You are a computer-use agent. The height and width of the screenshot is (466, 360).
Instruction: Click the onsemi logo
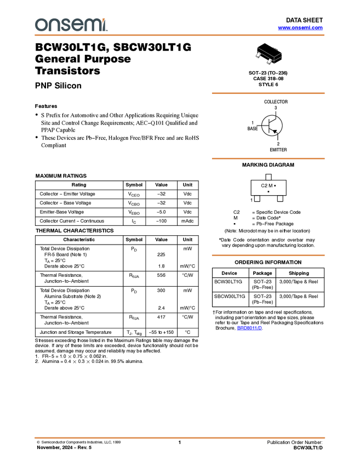coord(71,25)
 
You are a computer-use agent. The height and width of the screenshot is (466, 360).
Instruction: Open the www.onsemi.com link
coord(300,27)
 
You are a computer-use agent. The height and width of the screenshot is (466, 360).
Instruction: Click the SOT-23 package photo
coord(269,54)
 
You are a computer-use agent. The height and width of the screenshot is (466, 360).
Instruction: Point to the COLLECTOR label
coord(276,101)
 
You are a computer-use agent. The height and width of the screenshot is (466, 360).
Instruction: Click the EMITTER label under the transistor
coord(278,150)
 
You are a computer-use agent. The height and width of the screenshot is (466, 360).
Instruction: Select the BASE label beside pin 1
coord(253,129)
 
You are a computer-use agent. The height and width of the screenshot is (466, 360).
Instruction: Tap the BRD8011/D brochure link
coord(249,328)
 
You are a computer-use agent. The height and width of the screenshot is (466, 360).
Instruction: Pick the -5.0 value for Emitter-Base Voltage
coord(161,212)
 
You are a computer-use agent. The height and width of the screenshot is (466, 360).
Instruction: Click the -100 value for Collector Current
coord(161,221)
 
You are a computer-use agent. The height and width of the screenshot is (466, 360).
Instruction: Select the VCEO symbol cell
coord(134,195)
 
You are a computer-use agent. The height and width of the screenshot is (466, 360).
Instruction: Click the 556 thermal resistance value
coord(161,275)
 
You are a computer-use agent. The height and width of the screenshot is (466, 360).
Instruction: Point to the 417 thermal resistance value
coord(161,317)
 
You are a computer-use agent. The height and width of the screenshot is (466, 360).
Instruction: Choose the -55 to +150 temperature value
coord(161,332)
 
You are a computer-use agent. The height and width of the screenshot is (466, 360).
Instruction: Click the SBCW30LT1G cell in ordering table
coord(230,296)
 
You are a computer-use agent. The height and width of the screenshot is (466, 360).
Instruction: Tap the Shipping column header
coord(299,273)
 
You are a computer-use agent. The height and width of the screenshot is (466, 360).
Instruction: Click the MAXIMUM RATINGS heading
coord(61,176)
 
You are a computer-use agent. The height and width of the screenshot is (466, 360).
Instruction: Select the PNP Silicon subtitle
coord(58,86)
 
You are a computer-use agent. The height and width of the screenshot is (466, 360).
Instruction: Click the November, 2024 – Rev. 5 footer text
coord(64,447)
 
